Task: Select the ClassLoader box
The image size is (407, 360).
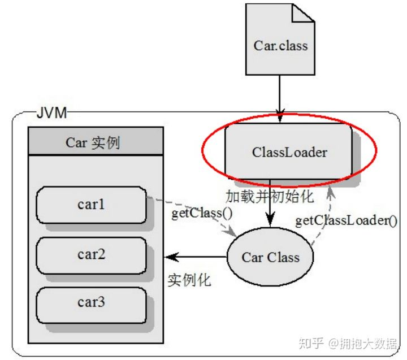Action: [289, 152]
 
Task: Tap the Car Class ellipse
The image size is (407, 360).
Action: [270, 257]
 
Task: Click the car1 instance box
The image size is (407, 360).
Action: [91, 205]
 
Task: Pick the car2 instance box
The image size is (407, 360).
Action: [91, 254]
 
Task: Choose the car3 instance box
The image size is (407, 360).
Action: [91, 302]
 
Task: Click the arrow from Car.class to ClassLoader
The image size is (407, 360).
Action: [279, 96]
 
